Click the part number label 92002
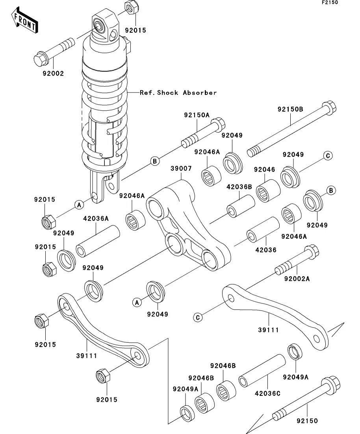tap(50, 73)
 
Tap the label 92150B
tap(290, 109)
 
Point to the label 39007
tap(181, 168)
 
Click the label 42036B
tap(239, 187)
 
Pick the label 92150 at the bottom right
tap(307, 421)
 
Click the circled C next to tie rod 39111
tap(198, 317)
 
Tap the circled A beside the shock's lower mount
tap(79, 205)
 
